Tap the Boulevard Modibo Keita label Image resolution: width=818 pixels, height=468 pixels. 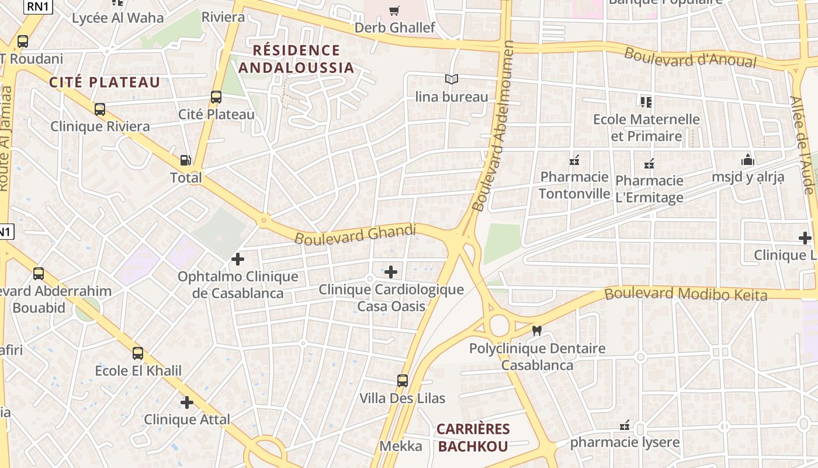[685, 294]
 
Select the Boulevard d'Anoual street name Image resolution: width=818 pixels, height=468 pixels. [698, 57]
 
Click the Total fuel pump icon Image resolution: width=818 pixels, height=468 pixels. [185, 160]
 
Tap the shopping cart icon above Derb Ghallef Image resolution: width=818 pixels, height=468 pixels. [394, 11]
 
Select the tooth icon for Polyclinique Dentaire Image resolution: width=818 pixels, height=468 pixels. [537, 331]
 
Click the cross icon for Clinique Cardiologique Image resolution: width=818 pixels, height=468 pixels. [391, 272]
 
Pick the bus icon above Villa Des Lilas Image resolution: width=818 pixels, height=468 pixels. [403, 381]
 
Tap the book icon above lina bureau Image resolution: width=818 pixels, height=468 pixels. [451, 79]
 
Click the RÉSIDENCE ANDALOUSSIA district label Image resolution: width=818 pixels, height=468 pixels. [296, 58]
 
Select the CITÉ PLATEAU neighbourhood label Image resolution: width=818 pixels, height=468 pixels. [105, 82]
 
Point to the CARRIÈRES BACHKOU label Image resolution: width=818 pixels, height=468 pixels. [473, 438]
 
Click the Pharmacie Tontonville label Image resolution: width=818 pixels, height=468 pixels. [574, 185]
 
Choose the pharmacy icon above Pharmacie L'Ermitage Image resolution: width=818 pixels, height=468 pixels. [649, 164]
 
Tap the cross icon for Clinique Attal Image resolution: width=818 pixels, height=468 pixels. [187, 402]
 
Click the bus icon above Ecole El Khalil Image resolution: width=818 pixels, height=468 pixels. [138, 353]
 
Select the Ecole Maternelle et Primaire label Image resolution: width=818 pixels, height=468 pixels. [646, 128]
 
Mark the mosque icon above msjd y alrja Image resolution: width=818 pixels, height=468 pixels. [747, 160]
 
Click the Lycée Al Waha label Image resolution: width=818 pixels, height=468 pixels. [118, 18]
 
